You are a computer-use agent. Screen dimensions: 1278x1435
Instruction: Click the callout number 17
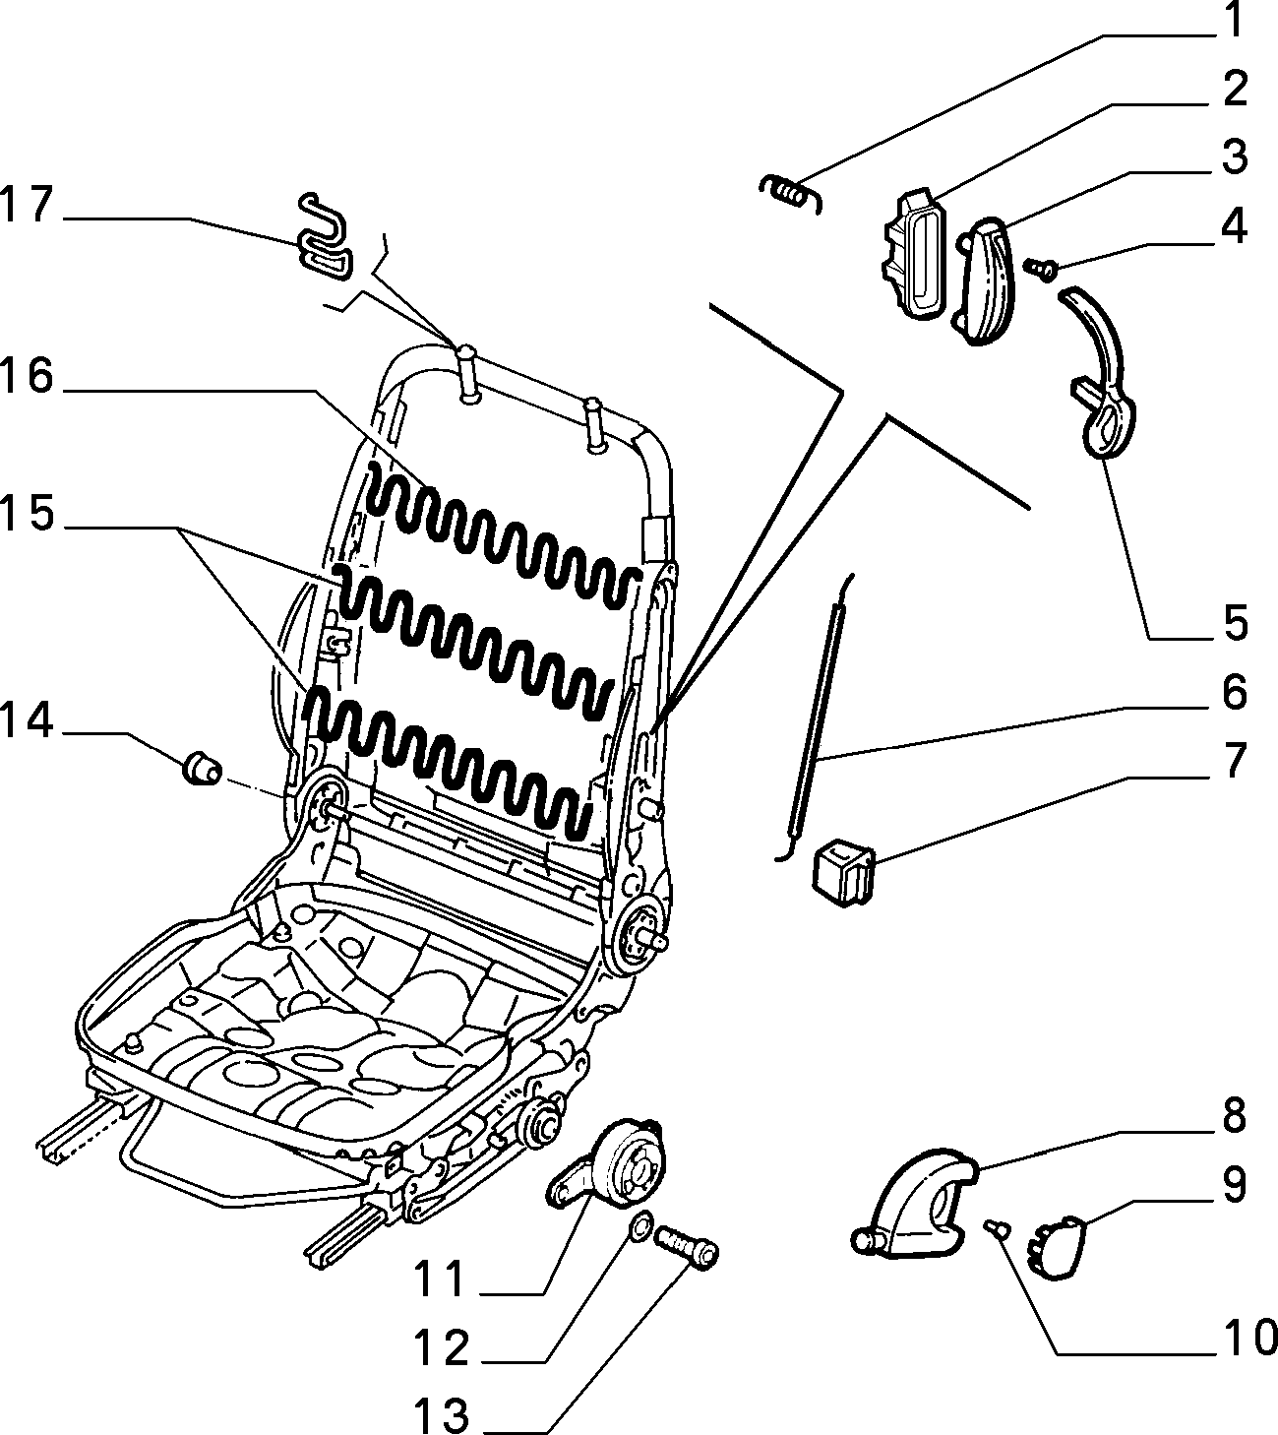[x=28, y=206]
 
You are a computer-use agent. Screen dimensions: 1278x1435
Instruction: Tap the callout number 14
[x=28, y=721]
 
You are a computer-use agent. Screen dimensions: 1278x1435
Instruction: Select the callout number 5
[x=1235, y=624]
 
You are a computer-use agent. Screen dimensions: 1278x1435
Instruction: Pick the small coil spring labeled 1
[x=792, y=193]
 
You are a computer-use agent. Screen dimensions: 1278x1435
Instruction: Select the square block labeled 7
[x=843, y=872]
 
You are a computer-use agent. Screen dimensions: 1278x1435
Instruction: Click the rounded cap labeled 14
[x=203, y=769]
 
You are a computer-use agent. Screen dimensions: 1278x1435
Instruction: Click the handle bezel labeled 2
[x=915, y=252]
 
